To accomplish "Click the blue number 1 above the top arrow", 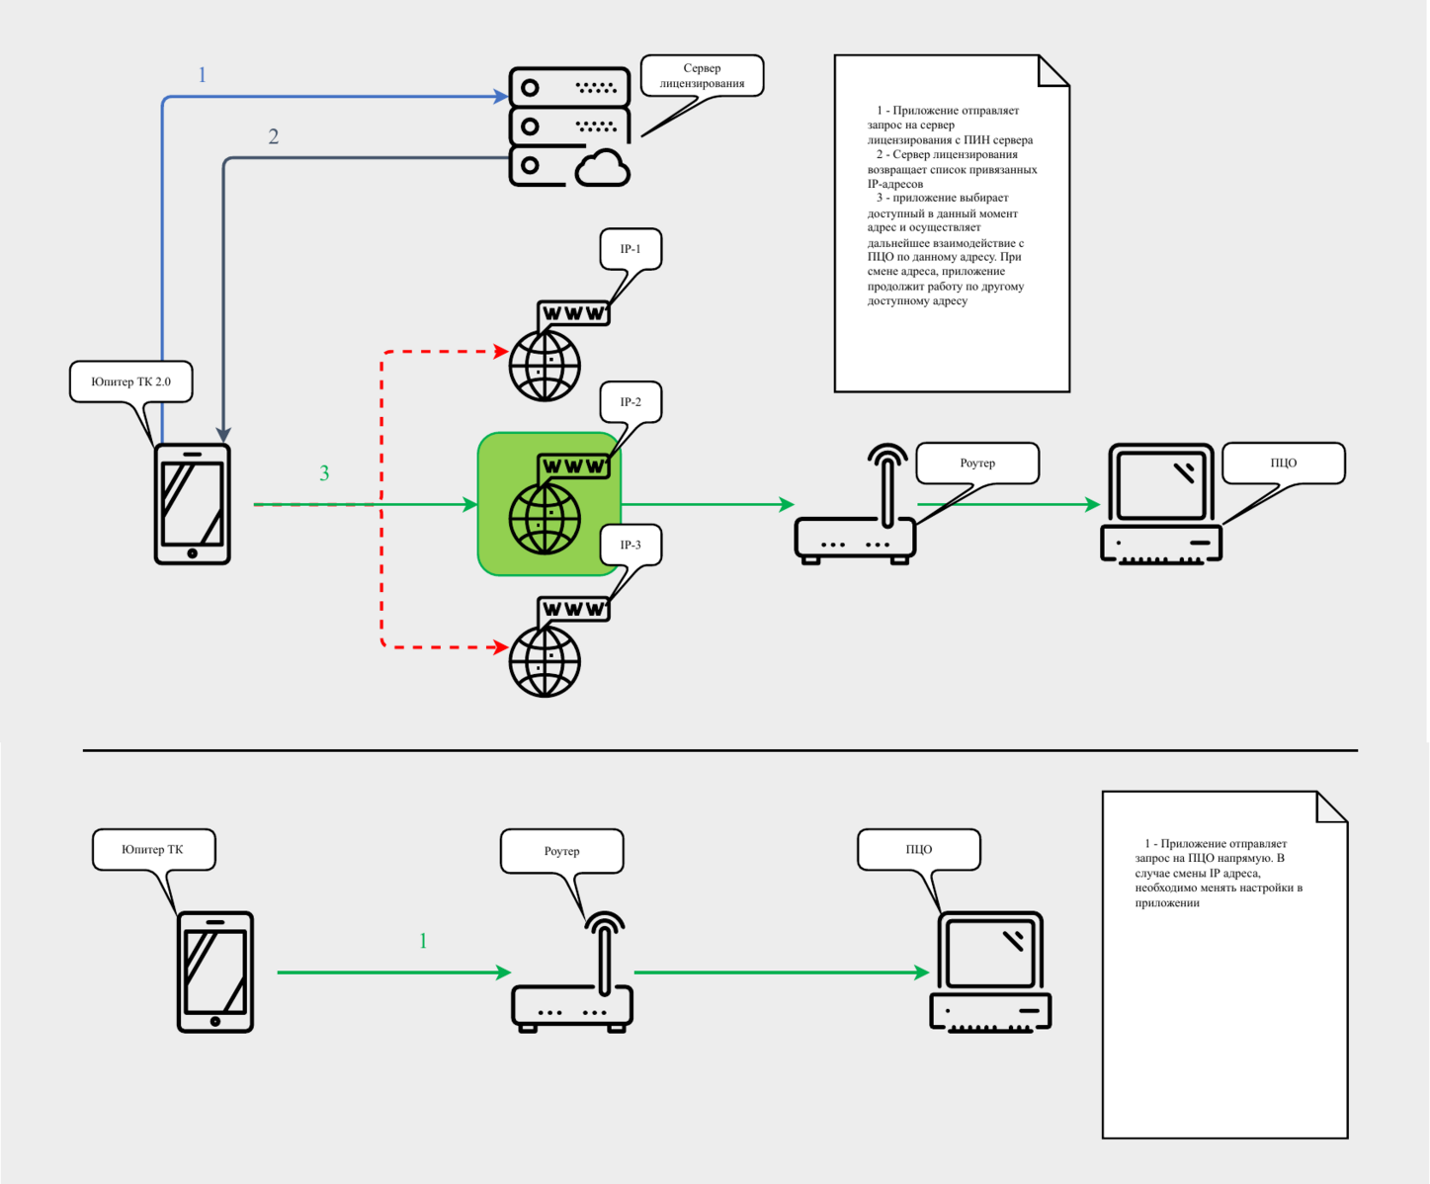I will tap(203, 75).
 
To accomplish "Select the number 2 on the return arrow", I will tap(274, 136).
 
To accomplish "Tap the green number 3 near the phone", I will tap(324, 473).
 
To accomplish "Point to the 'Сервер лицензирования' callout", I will tap(702, 75).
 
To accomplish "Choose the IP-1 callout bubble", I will tap(631, 249).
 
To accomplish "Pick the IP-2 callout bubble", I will tap(631, 402).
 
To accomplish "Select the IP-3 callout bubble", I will tap(631, 545).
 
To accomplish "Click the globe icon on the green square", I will tap(546, 517).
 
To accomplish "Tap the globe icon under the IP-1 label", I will tap(546, 365).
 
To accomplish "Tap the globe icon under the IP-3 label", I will tap(546, 660).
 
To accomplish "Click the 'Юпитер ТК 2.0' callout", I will tap(130, 381).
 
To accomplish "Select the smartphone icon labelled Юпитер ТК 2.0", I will tap(193, 504).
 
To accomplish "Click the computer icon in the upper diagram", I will tap(1161, 504).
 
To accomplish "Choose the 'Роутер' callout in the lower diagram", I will tap(561, 851).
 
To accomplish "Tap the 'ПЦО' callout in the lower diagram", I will tap(918, 849).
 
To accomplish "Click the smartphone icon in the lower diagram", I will tap(215, 973).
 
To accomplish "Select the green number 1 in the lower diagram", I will tap(423, 941).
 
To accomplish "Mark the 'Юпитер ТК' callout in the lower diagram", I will tap(153, 849).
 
